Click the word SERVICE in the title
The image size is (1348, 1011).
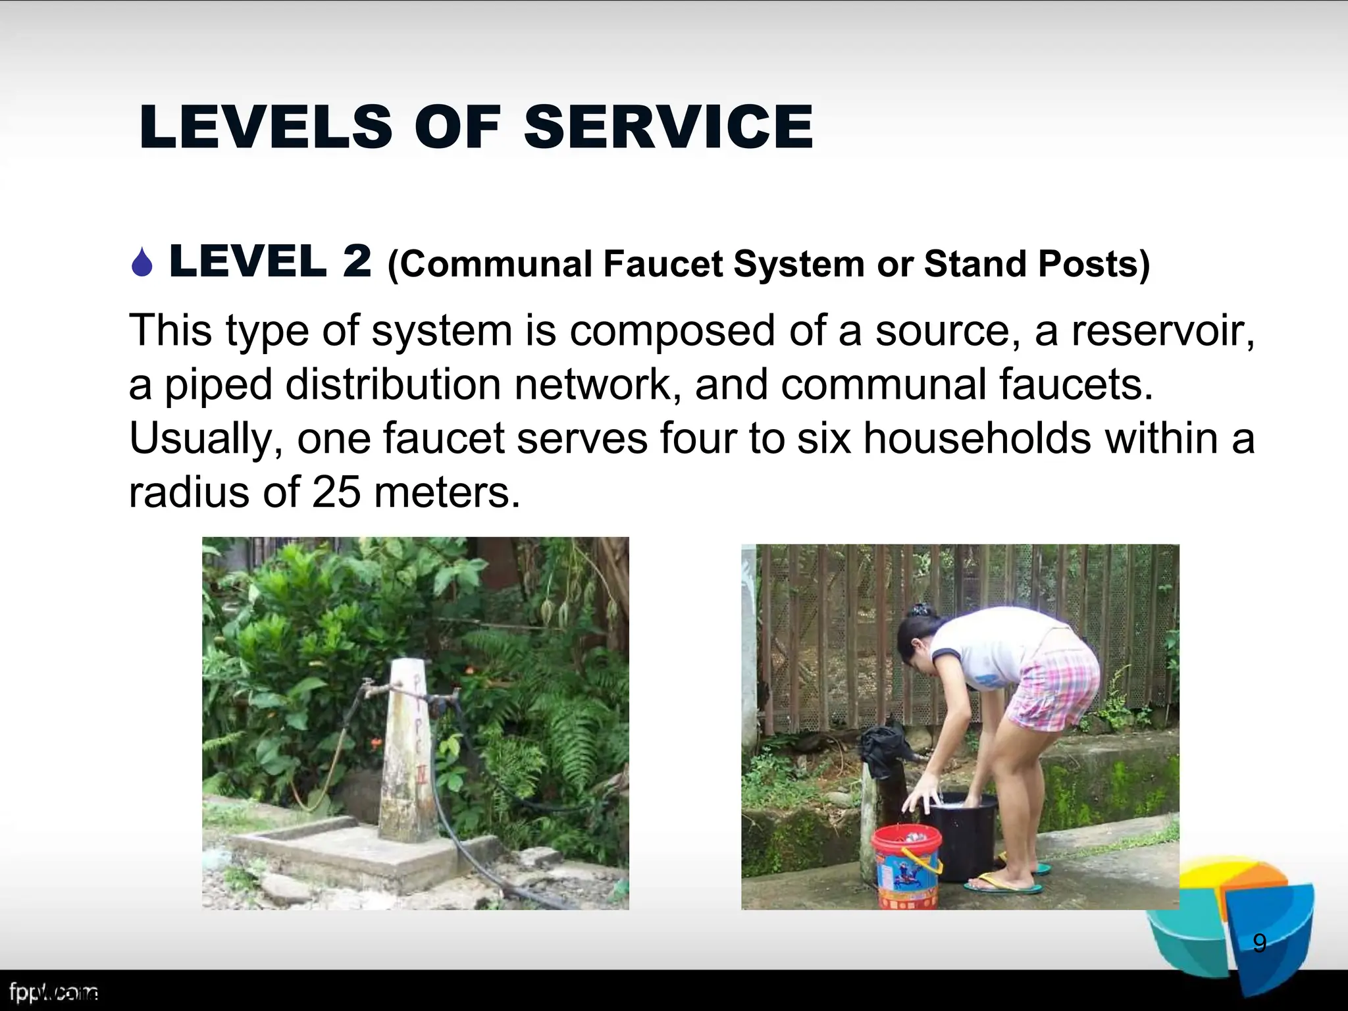[668, 126]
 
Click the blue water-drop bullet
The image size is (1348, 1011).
[142, 263]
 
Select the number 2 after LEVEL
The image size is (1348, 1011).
[357, 261]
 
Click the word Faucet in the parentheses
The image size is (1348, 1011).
[663, 264]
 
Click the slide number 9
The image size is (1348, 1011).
[1259, 943]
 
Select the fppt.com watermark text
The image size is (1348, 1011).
[53, 992]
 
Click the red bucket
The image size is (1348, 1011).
[906, 865]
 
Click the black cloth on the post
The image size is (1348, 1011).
[884, 750]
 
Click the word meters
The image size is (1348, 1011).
[447, 492]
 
